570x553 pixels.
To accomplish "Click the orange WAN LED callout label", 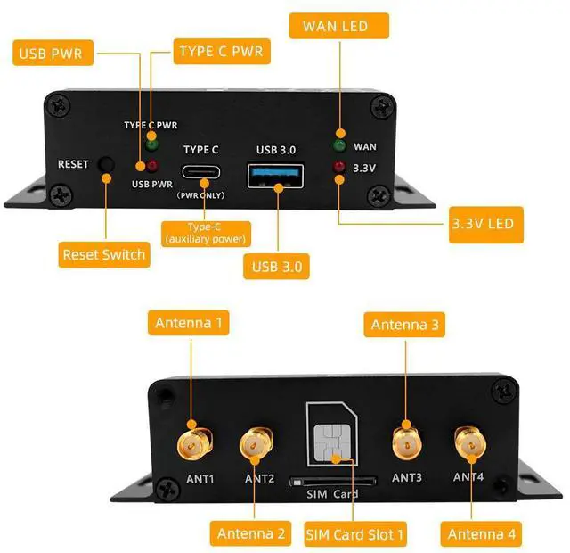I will (340, 26).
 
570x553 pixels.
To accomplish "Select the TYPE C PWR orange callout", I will (221, 51).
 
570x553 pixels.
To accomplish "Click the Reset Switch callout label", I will (103, 255).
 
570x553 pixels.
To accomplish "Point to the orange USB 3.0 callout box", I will (276, 266).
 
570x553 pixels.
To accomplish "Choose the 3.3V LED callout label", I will (482, 223).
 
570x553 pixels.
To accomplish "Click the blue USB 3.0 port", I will (278, 172).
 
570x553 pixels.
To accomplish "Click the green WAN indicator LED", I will (339, 144).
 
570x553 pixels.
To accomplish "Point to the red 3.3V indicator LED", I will (339, 167).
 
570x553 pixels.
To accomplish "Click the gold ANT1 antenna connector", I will (193, 442).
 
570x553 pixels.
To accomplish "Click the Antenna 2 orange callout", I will (250, 534).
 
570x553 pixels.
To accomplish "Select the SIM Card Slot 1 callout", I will (354, 534).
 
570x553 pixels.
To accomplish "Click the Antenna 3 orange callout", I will (404, 325).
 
